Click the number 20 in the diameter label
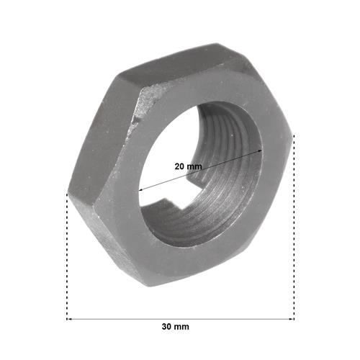click(179, 166)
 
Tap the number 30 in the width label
click(167, 327)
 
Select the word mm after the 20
click(194, 166)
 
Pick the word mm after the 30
click(181, 327)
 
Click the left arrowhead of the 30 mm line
click(69, 319)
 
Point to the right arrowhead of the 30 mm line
click(292, 319)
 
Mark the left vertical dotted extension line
click(67, 256)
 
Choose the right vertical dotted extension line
click(294, 227)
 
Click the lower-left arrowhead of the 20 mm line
click(142, 190)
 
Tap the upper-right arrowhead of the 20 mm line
click(259, 150)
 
